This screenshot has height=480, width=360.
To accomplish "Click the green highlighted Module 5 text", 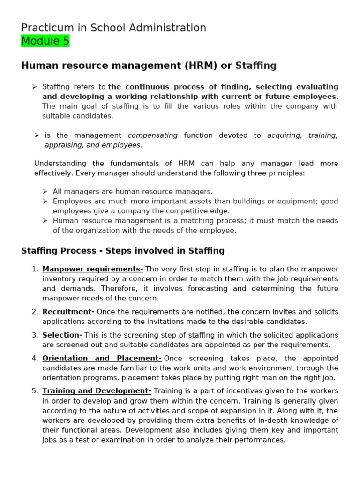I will coord(45,41).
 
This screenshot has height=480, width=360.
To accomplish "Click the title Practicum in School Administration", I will coord(113,28).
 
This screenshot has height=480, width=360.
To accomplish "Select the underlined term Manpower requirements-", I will coord(93,269).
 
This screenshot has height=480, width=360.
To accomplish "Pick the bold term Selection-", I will coord(62,335).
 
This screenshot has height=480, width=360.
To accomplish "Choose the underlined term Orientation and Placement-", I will coord(102,359).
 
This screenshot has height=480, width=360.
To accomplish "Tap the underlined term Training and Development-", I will coord(97,391).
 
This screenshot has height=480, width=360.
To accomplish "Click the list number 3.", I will coord(35,335).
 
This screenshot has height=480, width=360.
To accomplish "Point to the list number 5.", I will coord(35,391).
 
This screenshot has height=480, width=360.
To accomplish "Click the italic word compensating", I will coord(153,135).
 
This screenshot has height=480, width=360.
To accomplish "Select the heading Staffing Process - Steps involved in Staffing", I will coord(123,251).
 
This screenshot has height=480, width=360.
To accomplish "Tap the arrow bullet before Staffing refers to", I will coord(34,87).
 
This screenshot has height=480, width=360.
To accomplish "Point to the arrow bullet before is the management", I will coord(37,135).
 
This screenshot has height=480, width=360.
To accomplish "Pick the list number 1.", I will coord(35,269).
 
